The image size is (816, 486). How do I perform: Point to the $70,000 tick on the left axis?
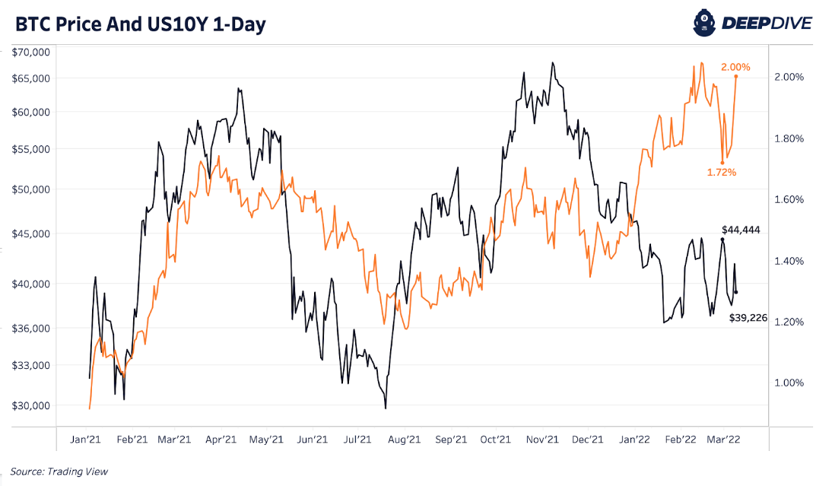pyautogui.click(x=31, y=52)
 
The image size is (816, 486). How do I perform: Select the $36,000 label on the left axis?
pyautogui.click(x=31, y=328)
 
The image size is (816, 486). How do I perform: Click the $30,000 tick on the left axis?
pyautogui.click(x=31, y=405)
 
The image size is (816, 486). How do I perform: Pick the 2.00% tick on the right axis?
pyautogui.click(x=789, y=77)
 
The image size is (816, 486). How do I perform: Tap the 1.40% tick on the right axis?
pyautogui.click(x=789, y=261)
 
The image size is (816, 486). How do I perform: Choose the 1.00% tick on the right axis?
pyautogui.click(x=789, y=383)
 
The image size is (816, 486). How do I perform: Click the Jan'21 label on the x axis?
pyautogui.click(x=86, y=439)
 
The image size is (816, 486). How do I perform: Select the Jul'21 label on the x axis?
pyautogui.click(x=358, y=439)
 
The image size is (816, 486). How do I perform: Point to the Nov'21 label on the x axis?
pyautogui.click(x=542, y=439)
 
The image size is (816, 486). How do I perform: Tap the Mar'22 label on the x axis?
pyautogui.click(x=725, y=439)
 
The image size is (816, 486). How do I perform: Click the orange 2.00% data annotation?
pyautogui.click(x=735, y=67)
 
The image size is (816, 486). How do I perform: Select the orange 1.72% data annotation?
pyautogui.click(x=722, y=173)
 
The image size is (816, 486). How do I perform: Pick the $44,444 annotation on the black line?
pyautogui.click(x=741, y=229)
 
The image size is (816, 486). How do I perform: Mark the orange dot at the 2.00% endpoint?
pyautogui.click(x=735, y=77)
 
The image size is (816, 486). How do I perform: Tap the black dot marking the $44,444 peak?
pyautogui.click(x=722, y=240)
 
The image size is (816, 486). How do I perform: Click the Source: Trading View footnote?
pyautogui.click(x=59, y=472)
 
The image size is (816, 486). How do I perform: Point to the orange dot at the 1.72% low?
pyautogui.click(x=722, y=162)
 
